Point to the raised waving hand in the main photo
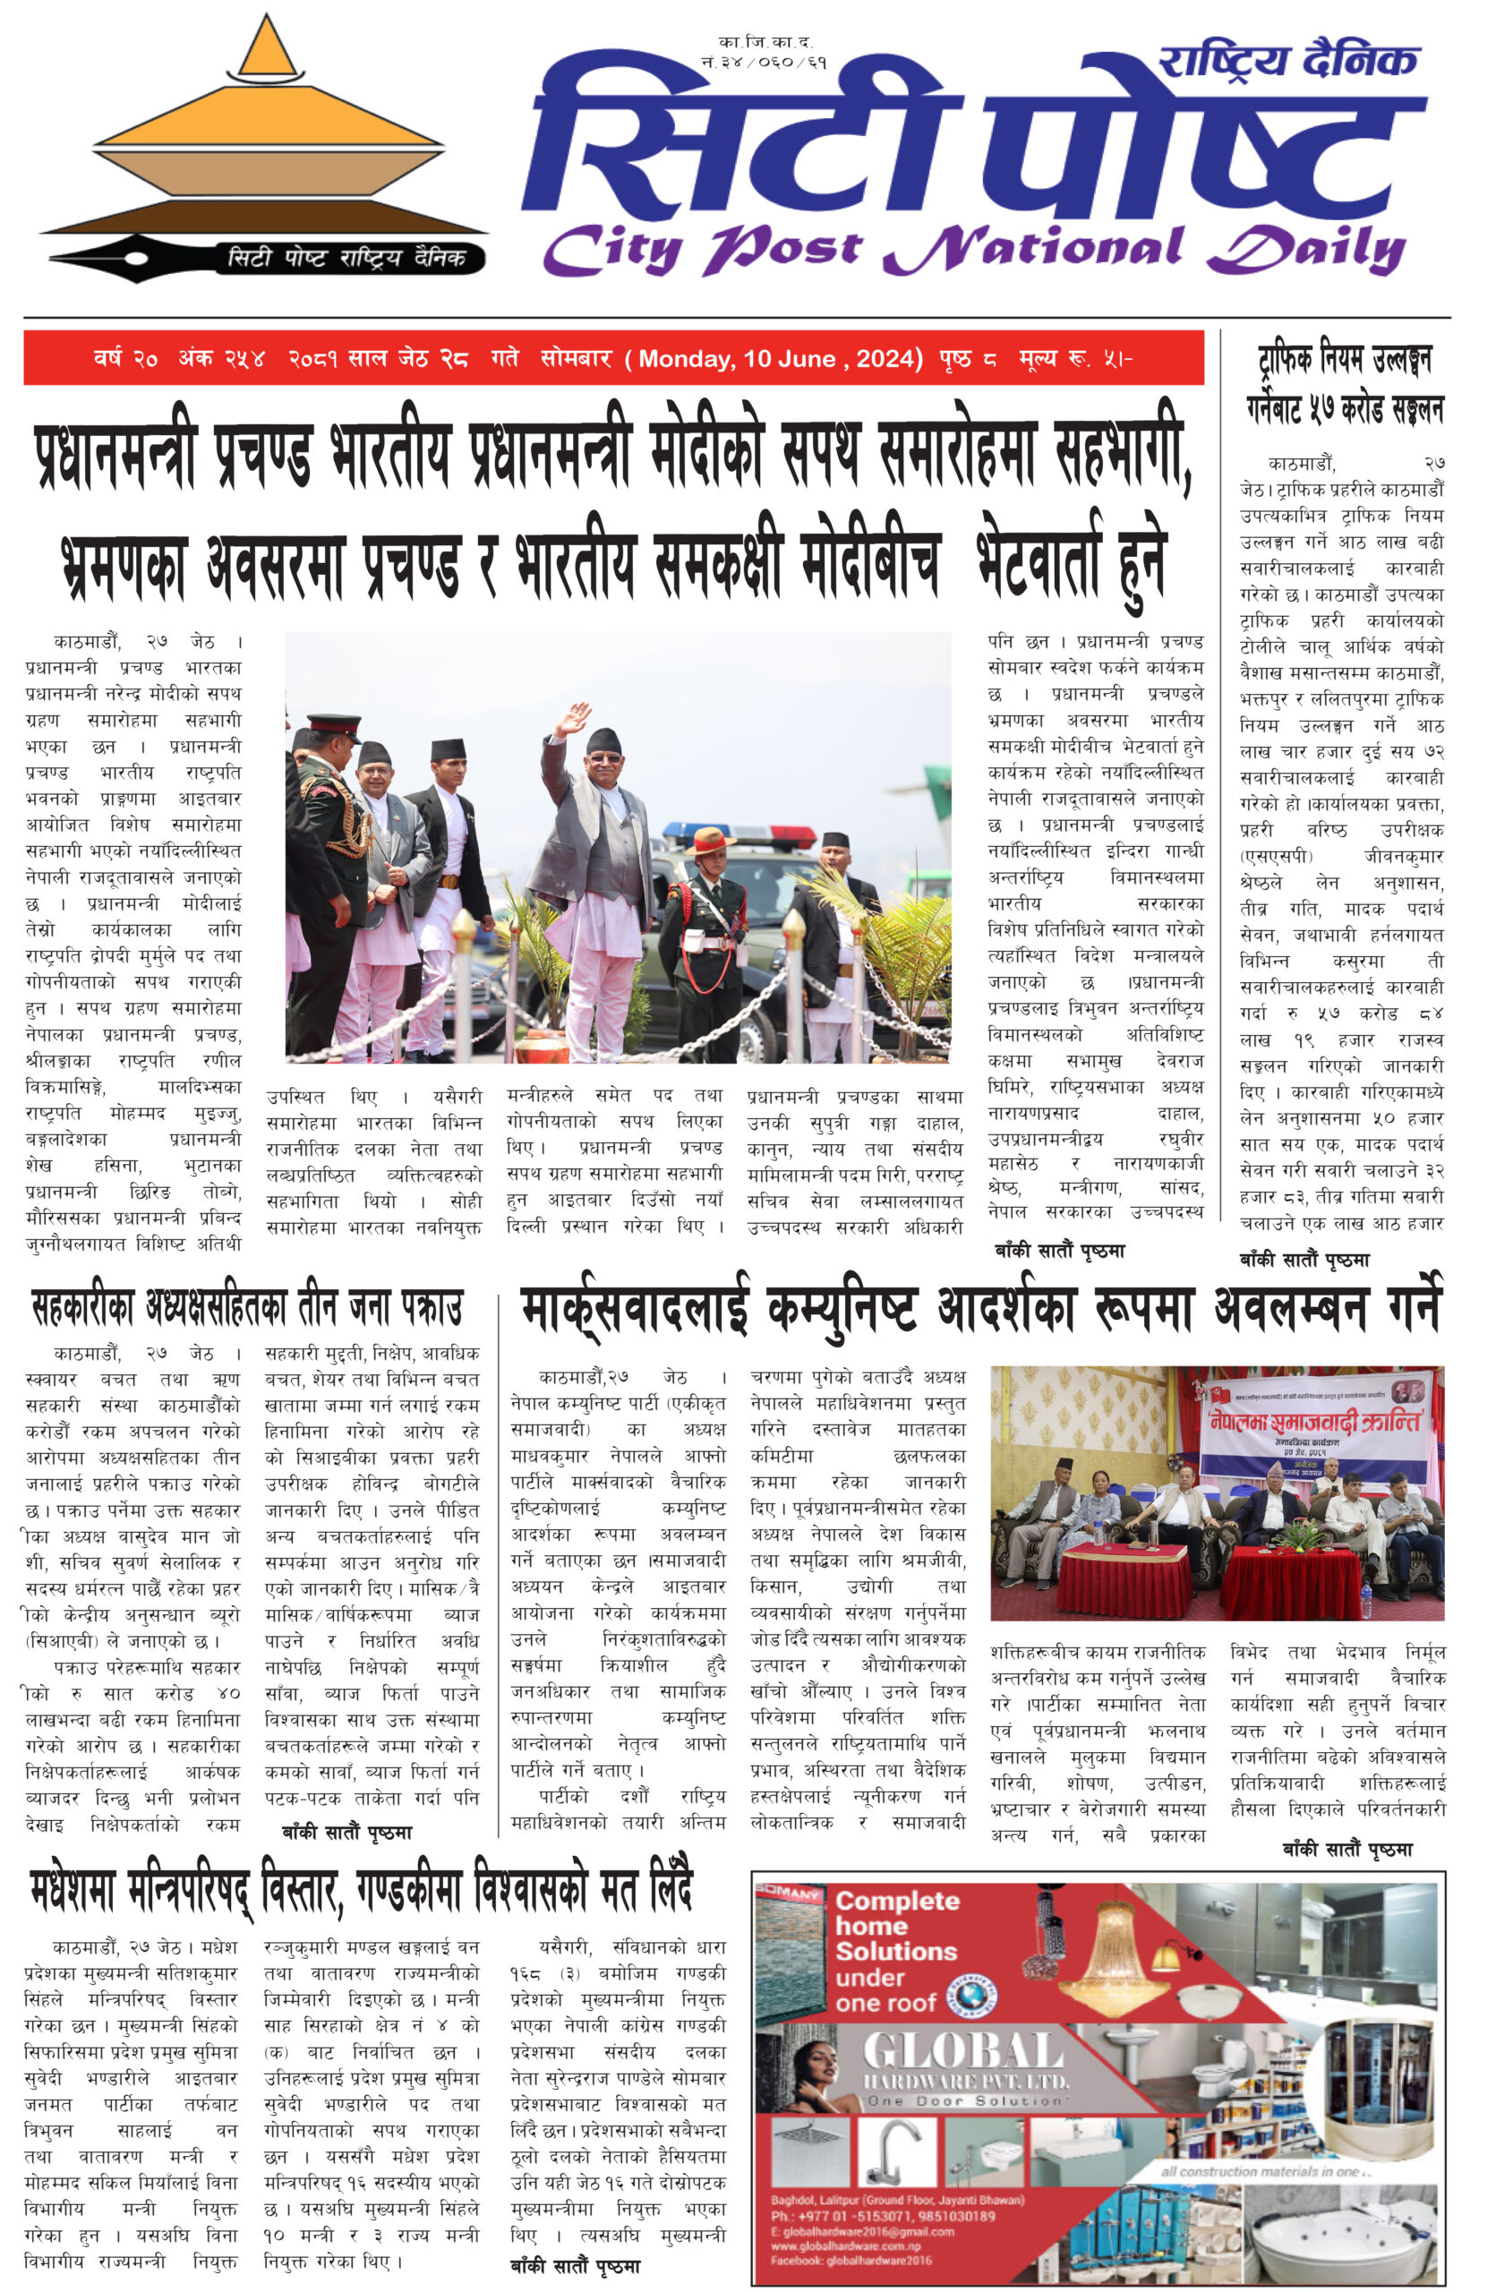pyautogui.click(x=573, y=718)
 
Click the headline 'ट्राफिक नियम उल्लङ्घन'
pyautogui.click(x=1344, y=360)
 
